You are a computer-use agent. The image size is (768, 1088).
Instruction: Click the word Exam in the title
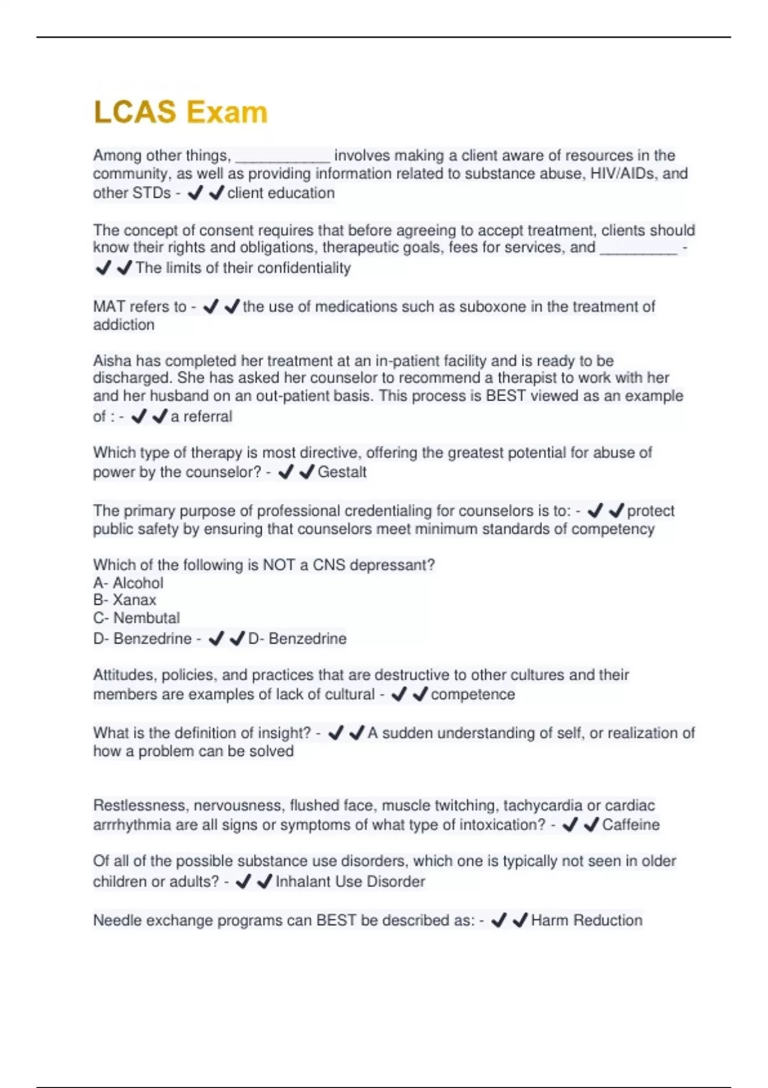tap(227, 112)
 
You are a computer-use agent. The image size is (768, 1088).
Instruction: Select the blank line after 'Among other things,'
tap(283, 157)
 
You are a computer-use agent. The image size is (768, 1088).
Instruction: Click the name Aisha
tap(111, 360)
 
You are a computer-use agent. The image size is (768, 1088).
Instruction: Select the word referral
tap(207, 417)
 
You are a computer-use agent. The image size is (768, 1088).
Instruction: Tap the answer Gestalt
tap(342, 472)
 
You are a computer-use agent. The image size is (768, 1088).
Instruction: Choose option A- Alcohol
tap(128, 583)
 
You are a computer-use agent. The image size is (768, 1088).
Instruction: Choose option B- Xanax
tap(125, 600)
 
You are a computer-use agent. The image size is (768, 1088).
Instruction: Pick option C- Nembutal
tap(136, 618)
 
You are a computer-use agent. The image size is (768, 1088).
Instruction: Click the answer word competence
tap(472, 694)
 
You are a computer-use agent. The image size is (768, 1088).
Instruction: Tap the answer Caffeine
tap(630, 825)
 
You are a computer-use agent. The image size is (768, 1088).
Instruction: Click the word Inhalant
tap(303, 882)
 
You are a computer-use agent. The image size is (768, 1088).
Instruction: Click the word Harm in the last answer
tap(549, 920)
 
